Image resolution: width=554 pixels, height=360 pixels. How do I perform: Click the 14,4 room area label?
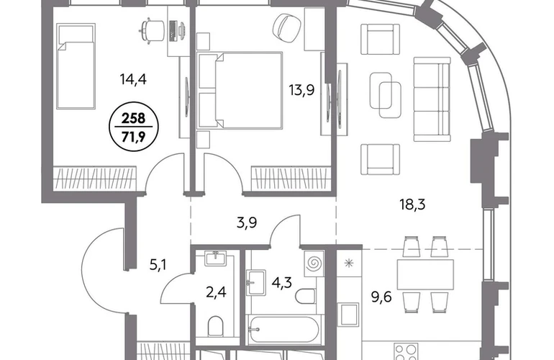[133, 80]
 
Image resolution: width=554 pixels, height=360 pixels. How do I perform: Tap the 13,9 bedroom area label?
[301, 90]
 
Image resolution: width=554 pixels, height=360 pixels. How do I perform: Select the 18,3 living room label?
[412, 204]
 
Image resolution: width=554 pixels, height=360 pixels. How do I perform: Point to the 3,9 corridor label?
[247, 222]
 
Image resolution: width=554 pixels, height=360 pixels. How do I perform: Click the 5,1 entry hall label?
[158, 264]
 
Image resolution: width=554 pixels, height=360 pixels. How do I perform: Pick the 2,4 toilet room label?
[216, 292]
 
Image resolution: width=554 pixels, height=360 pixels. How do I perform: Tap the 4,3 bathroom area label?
[282, 282]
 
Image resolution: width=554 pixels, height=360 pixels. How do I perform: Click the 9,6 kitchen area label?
[381, 297]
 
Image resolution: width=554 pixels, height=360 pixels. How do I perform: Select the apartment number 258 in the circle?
[134, 119]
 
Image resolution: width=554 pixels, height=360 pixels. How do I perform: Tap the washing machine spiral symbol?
[314, 263]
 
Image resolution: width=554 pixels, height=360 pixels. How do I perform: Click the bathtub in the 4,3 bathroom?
[283, 330]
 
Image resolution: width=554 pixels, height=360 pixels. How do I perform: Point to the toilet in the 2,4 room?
[216, 326]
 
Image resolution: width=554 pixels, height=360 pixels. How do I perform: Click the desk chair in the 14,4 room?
[153, 30]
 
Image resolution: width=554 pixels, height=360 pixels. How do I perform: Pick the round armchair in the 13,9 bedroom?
[288, 25]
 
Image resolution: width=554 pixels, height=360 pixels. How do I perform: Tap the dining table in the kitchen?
[425, 274]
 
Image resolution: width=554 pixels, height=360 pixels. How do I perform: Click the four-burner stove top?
[407, 351]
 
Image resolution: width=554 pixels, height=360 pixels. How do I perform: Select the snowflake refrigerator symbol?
[349, 263]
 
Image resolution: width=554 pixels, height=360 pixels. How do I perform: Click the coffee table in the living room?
[385, 95]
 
